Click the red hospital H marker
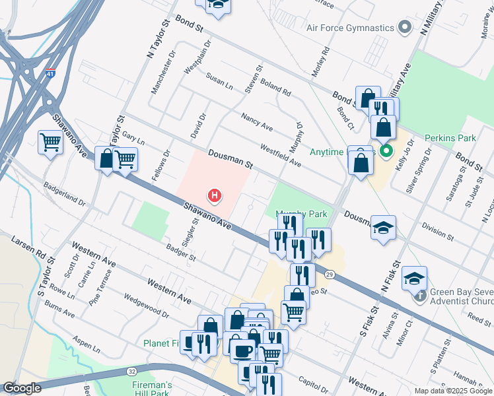pyautogui.click(x=215, y=195)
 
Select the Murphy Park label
pyautogui.click(x=300, y=214)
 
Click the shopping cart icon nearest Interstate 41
pyautogui.click(x=50, y=142)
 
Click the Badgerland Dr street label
pyautogui.click(x=65, y=195)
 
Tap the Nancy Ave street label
pyautogui.click(x=257, y=121)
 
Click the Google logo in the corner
pyautogui.click(x=22, y=388)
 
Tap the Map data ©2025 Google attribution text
pyautogui.click(x=452, y=391)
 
